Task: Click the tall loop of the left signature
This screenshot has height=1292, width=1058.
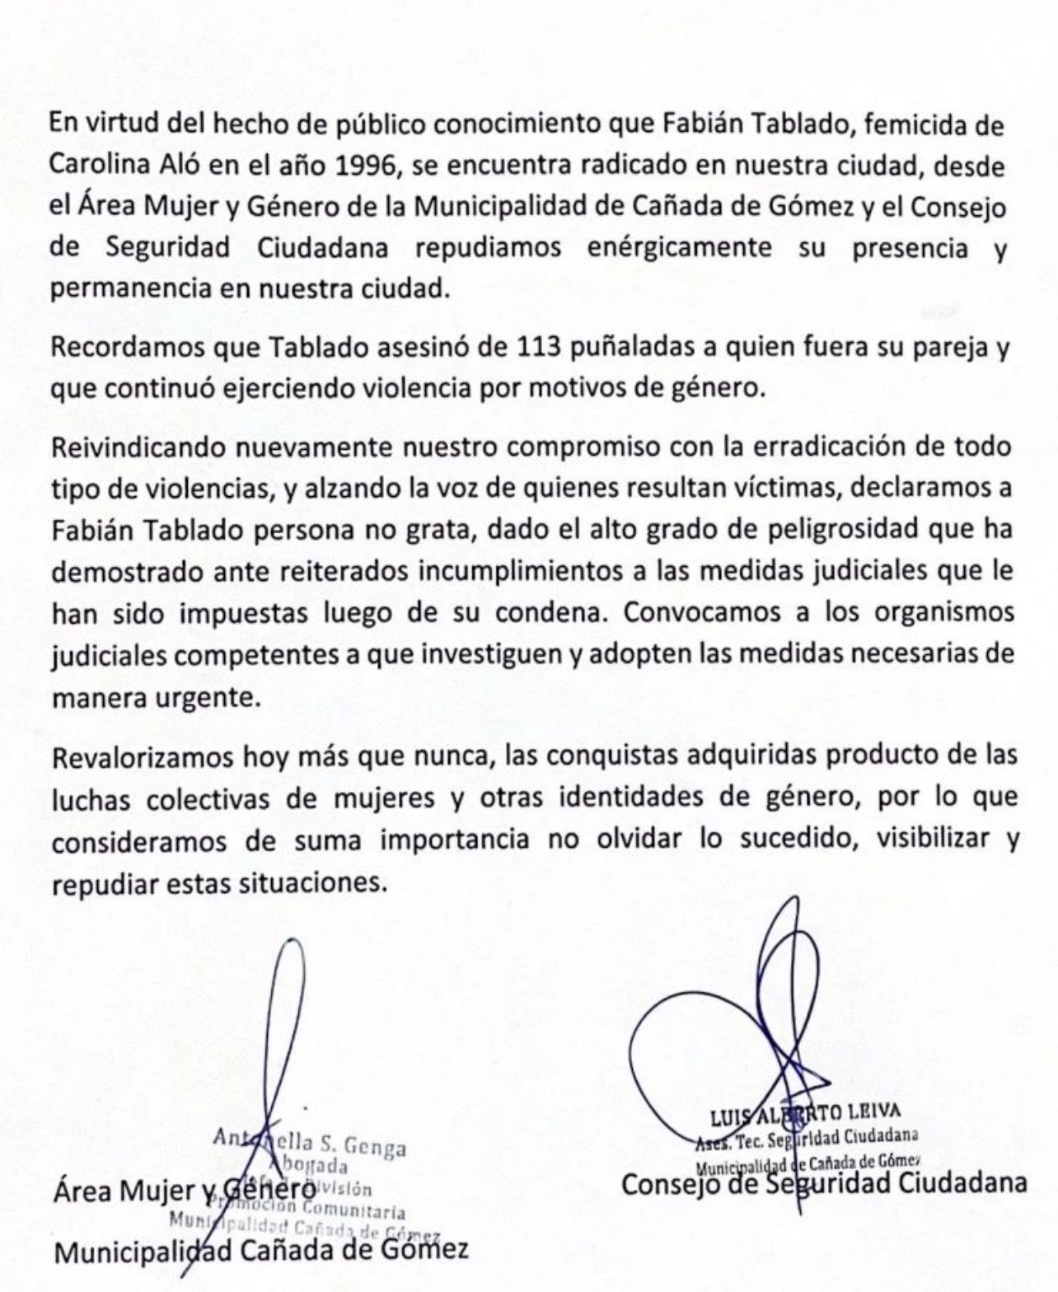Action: tap(284, 1013)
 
